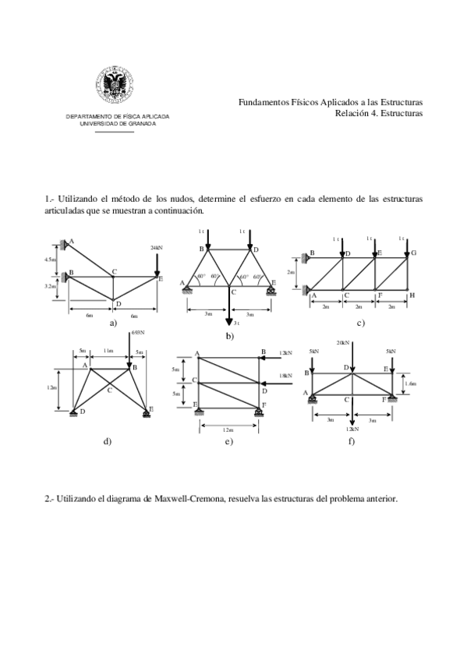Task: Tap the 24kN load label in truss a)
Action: click(x=157, y=247)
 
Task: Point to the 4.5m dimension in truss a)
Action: click(x=50, y=259)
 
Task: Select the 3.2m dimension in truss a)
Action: click(x=49, y=286)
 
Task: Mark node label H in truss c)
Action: click(x=412, y=295)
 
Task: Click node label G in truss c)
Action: click(x=413, y=253)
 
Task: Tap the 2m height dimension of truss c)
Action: click(x=291, y=273)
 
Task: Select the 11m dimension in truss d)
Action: click(x=109, y=351)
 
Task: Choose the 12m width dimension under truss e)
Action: click(x=228, y=429)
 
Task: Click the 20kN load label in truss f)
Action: click(x=343, y=343)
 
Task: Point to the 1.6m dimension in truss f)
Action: click(x=412, y=384)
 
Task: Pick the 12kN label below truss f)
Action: click(x=352, y=428)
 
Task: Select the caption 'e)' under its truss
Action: click(x=228, y=442)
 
